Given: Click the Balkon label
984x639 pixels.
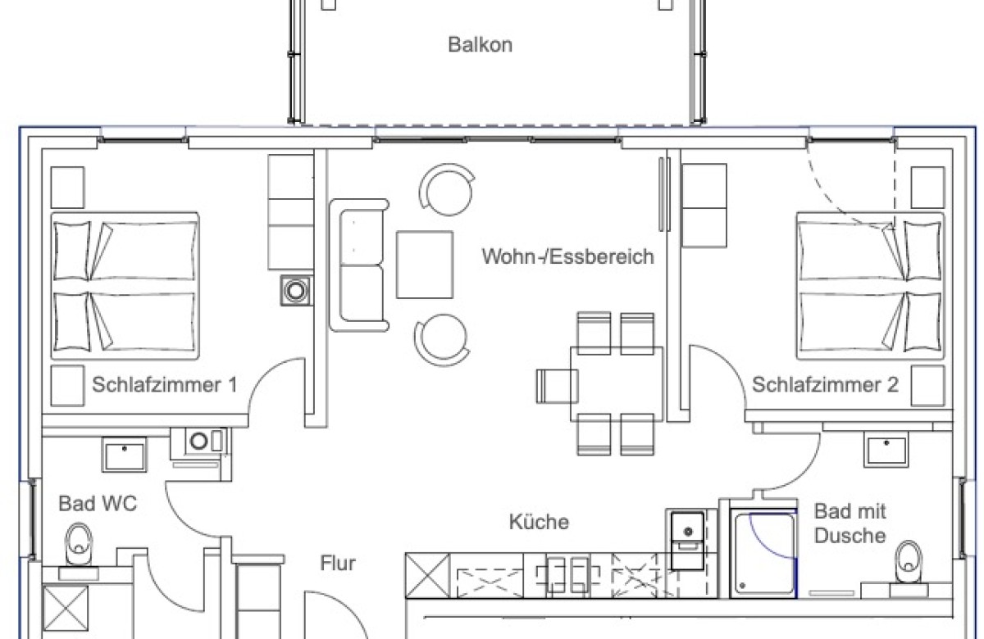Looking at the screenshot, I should click(480, 44).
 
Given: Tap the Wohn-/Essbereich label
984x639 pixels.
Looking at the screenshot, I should click(567, 257).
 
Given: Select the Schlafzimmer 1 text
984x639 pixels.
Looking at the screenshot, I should click(164, 384).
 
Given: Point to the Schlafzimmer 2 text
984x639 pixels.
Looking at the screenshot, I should click(825, 384).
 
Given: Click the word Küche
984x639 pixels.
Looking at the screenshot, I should click(539, 522).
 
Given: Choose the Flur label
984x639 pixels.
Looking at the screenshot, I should click(337, 564).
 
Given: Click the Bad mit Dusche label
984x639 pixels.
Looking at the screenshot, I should click(850, 523).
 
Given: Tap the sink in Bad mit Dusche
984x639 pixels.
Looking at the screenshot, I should click(885, 451).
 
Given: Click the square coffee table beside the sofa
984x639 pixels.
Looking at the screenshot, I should click(424, 265).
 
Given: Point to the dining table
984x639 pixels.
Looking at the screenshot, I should click(617, 383).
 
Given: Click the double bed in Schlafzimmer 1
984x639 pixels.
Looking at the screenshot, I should click(125, 286).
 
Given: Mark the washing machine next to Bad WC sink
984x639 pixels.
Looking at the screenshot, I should click(199, 442).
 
